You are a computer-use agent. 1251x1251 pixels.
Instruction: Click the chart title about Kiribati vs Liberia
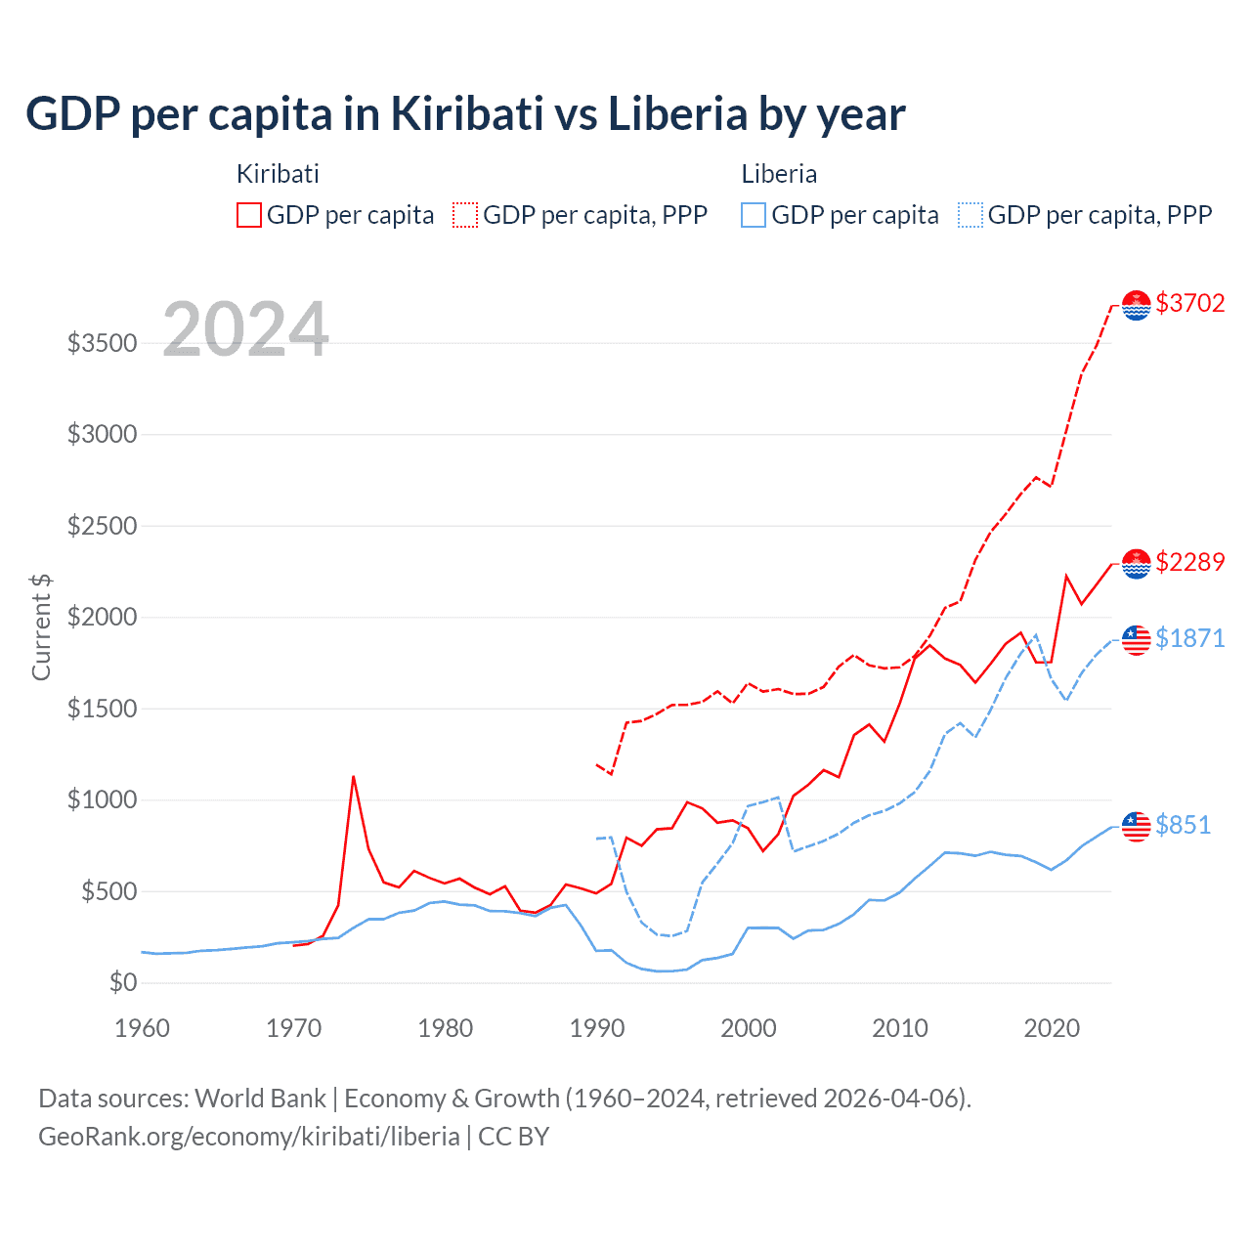[465, 114]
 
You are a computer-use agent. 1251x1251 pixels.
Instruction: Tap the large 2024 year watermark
[245, 329]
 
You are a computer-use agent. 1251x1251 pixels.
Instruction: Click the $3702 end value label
[1189, 303]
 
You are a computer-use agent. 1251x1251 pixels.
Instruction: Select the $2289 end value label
[1189, 562]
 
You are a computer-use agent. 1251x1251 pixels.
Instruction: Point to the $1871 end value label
[1189, 638]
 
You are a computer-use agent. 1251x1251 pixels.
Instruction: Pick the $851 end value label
[1183, 825]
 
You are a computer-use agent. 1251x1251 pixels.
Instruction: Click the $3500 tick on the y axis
[102, 343]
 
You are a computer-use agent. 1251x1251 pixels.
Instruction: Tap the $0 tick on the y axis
[122, 982]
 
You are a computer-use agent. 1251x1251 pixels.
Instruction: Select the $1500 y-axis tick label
[102, 709]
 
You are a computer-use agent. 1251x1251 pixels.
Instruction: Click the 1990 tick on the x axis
[597, 1028]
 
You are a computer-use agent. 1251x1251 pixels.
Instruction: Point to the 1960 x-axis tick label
[143, 1028]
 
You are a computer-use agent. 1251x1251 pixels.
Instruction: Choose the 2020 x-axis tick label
[1052, 1028]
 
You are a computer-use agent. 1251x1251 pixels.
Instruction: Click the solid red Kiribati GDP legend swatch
[249, 215]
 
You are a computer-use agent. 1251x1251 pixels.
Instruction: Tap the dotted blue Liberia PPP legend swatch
[971, 215]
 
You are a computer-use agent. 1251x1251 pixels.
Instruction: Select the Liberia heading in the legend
[779, 174]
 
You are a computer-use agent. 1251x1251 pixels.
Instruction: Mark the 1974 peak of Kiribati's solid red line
[353, 777]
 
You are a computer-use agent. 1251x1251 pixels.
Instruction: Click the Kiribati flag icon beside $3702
[1136, 305]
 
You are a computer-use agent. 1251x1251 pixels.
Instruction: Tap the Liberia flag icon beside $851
[1136, 826]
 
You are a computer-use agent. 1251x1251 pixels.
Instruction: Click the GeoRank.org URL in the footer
[248, 1137]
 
